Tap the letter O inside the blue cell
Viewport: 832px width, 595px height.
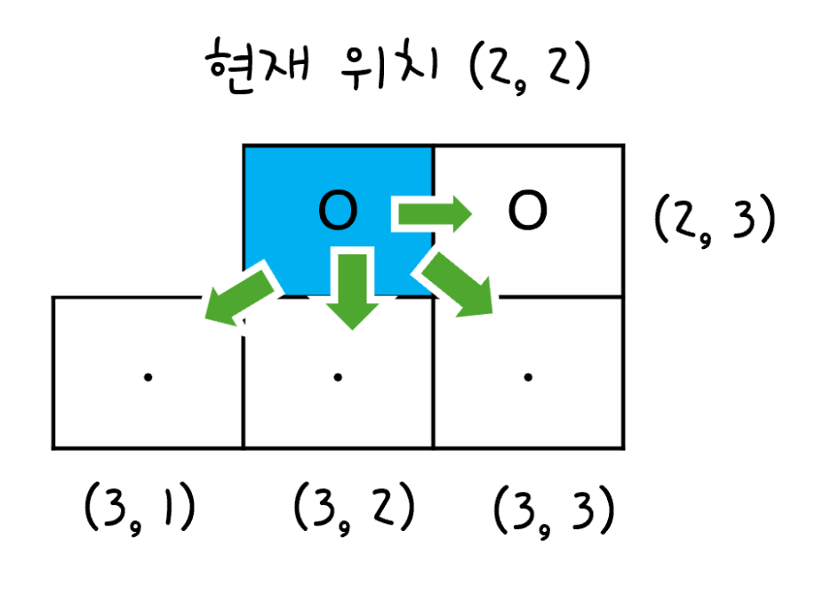338,212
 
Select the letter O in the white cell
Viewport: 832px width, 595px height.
527,212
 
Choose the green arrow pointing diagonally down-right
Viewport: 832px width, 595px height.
459,285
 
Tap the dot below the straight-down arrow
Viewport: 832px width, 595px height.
338,377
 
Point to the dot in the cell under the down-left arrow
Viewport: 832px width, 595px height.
148,377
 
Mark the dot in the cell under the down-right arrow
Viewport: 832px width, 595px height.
528,377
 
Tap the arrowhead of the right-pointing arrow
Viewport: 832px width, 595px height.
461,213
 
